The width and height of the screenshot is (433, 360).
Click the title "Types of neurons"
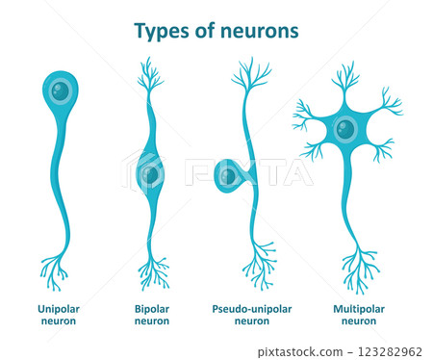(216, 31)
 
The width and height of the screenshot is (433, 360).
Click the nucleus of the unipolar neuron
(60, 91)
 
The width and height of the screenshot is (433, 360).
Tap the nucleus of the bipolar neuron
(151, 174)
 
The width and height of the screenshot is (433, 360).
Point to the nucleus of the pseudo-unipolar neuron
(227, 175)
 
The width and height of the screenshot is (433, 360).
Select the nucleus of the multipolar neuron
(344, 127)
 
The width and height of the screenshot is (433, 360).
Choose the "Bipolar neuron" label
(151, 314)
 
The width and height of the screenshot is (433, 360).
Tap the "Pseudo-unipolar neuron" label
(251, 314)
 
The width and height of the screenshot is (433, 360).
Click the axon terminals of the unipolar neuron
(55, 272)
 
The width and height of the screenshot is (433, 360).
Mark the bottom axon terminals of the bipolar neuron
(152, 272)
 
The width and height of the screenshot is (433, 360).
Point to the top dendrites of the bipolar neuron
(149, 75)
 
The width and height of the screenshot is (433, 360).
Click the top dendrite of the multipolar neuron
(344, 75)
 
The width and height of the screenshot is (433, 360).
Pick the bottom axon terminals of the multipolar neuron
(358, 272)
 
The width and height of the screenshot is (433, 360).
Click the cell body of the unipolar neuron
(60, 90)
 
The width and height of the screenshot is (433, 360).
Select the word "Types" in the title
(159, 32)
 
